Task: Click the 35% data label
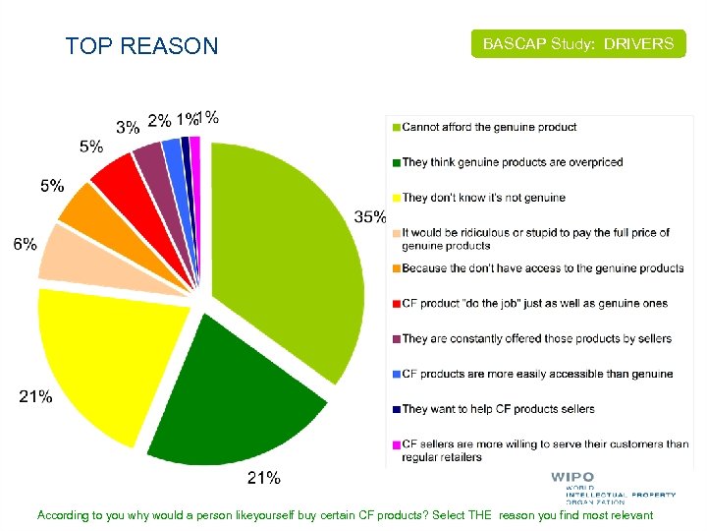pos(370,217)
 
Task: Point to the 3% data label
pos(128,126)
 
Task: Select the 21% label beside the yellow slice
pos(36,397)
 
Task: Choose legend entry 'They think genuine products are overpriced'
pos(512,162)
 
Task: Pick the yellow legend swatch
pos(397,198)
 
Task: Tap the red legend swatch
pos(397,304)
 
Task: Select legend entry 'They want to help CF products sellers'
pos(498,409)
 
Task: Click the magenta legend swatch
pos(397,444)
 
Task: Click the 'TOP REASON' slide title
pos(141,46)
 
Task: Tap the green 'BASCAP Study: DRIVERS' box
pos(577,44)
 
